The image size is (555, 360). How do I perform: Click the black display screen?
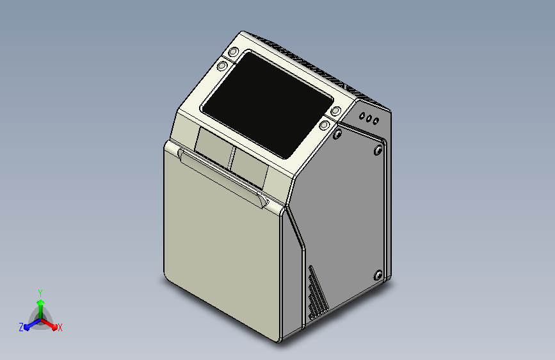[267, 104]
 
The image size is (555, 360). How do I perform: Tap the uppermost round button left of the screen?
[233, 52]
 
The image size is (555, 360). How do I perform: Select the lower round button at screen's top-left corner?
[222, 65]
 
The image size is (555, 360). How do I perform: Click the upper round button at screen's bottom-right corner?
[335, 111]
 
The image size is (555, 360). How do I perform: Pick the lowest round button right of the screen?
[324, 125]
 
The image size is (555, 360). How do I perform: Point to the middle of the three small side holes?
[369, 119]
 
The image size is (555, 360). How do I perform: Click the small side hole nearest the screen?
[362, 116]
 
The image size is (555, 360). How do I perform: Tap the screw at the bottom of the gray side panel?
[378, 275]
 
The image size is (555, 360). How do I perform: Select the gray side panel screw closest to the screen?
[337, 134]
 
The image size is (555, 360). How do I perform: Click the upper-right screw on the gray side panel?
[378, 151]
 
